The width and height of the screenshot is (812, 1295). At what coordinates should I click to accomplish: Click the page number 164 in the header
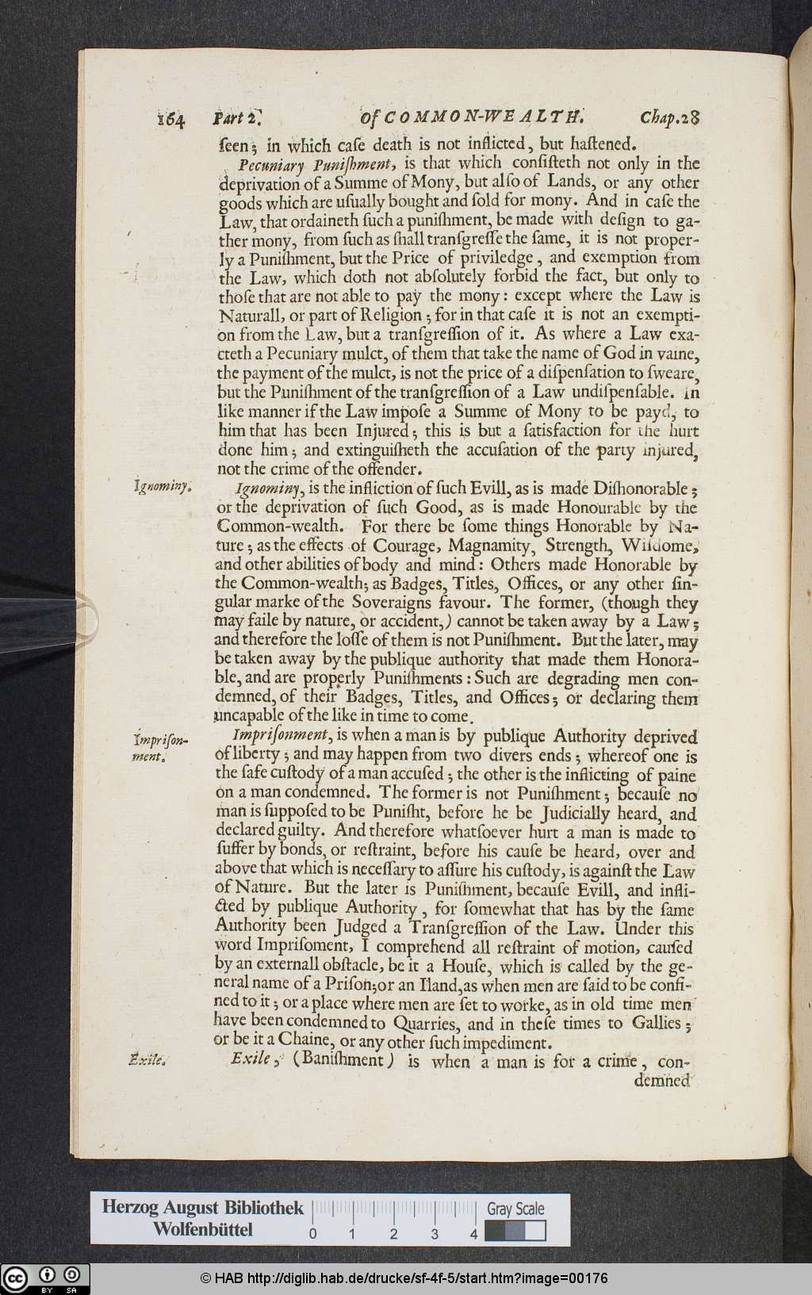click(171, 119)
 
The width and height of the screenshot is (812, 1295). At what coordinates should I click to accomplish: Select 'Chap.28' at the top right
click(670, 118)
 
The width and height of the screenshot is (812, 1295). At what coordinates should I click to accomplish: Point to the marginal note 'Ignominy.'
click(160, 487)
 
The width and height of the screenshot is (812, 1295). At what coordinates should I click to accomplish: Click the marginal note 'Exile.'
click(147, 1059)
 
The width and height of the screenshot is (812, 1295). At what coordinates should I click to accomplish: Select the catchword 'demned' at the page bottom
click(664, 1080)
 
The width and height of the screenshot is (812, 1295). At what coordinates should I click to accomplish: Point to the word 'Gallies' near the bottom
click(656, 1023)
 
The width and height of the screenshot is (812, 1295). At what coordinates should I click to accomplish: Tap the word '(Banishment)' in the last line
click(343, 1060)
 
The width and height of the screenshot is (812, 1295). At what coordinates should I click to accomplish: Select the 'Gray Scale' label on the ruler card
click(515, 1209)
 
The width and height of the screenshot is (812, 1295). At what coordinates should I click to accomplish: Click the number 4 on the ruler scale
click(473, 1234)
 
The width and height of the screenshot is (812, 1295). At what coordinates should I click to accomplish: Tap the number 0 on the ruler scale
click(313, 1234)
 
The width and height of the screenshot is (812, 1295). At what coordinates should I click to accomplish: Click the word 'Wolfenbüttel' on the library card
click(203, 1230)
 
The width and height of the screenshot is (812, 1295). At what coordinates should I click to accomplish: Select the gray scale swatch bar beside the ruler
click(515, 1231)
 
